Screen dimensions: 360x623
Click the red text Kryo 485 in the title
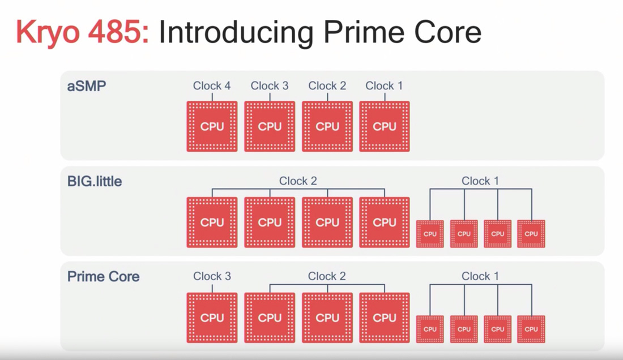82,33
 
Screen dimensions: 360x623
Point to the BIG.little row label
95,182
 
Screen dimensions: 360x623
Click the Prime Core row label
103,277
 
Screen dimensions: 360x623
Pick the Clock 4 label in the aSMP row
212,86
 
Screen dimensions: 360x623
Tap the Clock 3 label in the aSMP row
270,86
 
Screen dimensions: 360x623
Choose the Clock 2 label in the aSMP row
327,86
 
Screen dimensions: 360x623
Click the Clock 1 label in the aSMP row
385,86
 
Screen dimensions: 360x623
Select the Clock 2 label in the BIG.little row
298,181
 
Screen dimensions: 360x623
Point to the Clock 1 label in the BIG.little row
480,181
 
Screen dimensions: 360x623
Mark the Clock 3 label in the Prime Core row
212,276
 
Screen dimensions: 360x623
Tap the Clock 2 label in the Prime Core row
327,276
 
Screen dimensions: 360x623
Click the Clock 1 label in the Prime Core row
480,276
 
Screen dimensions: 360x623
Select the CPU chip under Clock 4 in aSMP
212,126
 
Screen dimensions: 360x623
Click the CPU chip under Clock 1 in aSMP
385,126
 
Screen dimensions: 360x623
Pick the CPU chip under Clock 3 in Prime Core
212,318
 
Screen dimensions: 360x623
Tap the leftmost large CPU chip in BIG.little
212,222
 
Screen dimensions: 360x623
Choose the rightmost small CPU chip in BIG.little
531,234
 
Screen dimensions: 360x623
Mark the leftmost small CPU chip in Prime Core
430,329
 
